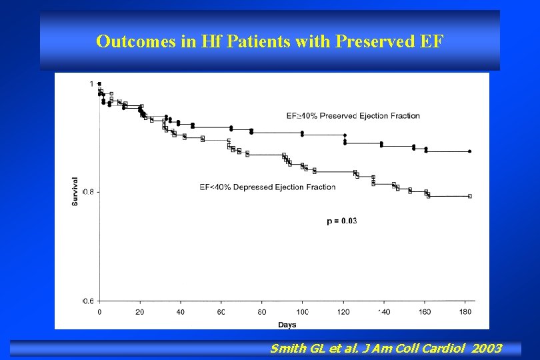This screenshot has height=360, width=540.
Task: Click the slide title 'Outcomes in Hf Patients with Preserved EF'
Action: (269, 41)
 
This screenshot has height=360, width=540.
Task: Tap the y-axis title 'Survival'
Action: (75, 191)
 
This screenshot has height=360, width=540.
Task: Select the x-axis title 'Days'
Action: (287, 325)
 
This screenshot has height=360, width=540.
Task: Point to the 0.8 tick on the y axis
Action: (89, 192)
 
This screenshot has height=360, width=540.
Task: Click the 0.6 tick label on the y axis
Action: (89, 301)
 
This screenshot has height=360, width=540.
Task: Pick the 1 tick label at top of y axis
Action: (91, 83)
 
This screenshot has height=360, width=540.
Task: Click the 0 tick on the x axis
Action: (100, 311)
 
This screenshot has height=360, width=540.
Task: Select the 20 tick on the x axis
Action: (140, 311)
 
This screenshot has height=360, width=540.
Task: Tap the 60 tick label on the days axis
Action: (221, 311)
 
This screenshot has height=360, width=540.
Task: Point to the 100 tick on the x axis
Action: (302, 311)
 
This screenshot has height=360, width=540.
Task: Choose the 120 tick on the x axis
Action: (343, 311)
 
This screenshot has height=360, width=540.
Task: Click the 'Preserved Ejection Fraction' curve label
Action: (353, 116)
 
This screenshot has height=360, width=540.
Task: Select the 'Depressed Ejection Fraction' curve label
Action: (267, 187)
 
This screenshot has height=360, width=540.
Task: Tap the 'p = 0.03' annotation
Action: (341, 221)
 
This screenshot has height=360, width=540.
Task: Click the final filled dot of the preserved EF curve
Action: (470, 151)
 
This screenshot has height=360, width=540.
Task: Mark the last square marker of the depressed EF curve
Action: (470, 196)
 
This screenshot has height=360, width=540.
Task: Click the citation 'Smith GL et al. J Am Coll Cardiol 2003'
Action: (385, 348)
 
